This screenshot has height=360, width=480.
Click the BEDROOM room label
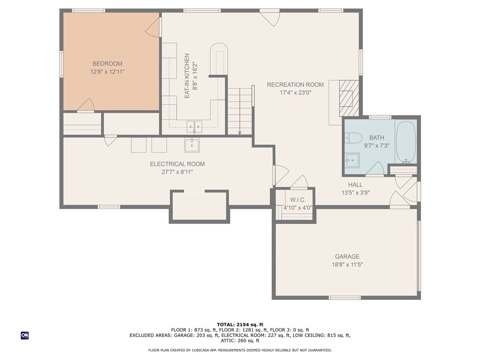coord(107,64)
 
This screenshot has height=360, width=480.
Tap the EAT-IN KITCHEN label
coord(187,76)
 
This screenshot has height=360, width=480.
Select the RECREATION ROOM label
coord(295,85)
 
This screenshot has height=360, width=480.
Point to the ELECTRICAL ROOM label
coord(177,164)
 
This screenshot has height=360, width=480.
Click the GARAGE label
coord(347,256)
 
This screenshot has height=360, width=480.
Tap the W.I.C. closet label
coord(298,200)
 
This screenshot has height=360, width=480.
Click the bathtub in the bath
coord(406,142)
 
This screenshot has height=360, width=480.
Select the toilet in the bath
coord(353,138)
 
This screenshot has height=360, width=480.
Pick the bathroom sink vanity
coord(352,160)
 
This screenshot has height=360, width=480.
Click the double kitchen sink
coord(195,127)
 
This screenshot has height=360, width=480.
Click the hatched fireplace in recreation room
coord(349,98)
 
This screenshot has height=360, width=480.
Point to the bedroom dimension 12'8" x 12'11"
coord(107,72)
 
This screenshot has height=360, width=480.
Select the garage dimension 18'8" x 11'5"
coord(347,265)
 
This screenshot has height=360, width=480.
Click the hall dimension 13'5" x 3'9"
coord(355,193)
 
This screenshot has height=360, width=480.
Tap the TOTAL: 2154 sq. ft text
coord(240,324)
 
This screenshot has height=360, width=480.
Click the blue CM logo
coord(24,336)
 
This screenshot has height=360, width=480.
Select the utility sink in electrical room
coord(192,145)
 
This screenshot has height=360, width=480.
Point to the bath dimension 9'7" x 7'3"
coord(376,146)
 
